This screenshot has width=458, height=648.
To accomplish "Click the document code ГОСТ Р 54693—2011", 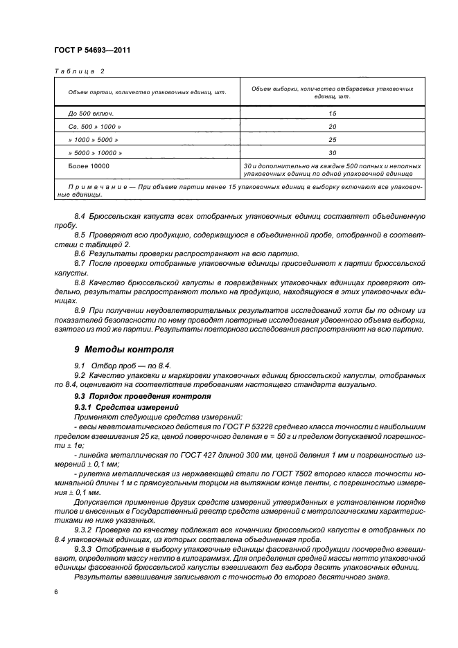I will click(91, 51).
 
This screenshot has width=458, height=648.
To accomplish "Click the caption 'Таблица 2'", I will click(78, 71).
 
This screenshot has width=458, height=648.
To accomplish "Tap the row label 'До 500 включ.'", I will click(89, 113).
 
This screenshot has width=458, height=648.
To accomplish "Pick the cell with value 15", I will click(332, 113).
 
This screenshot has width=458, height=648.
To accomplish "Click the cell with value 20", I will click(332, 126).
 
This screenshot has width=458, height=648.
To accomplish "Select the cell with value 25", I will click(332, 139).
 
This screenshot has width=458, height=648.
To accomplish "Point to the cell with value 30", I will click(332, 152).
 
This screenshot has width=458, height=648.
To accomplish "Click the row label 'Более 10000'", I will click(89, 166).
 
